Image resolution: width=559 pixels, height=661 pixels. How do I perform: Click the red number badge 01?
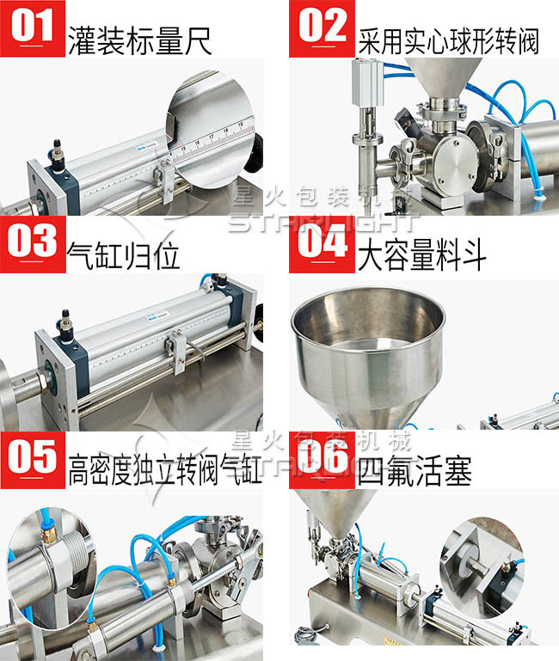(33, 28)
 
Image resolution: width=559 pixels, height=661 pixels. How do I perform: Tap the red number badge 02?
(322, 28)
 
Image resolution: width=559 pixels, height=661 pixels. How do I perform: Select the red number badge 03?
(33, 244)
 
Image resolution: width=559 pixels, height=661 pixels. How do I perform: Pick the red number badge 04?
(322, 244)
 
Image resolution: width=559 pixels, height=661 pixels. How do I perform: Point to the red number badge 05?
(33, 459)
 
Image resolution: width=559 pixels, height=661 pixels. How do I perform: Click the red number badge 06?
(322, 459)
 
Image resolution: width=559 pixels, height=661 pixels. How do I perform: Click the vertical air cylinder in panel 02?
(365, 103)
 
